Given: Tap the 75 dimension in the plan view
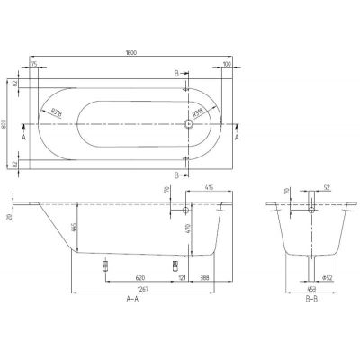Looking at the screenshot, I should coord(33,66).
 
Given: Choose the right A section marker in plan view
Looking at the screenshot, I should coord(237,139).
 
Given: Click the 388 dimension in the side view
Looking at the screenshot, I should coord(206,277).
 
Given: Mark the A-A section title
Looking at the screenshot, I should coord(132,299).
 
